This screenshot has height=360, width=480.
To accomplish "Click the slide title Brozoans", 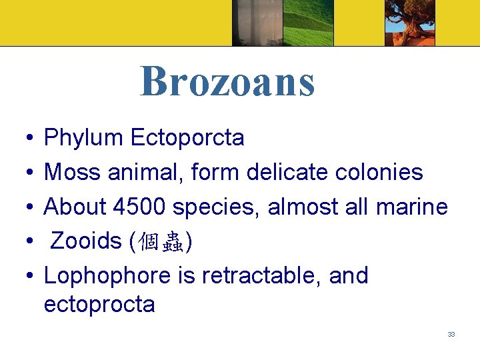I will pos(227,81).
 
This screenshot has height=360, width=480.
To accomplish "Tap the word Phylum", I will pos(83,138).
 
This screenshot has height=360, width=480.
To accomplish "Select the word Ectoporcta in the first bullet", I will pos(188,138).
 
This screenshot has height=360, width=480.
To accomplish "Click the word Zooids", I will pos(85,241).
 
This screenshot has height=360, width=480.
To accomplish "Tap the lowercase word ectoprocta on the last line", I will pos(99,305).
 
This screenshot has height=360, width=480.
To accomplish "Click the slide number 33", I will pos(451,334).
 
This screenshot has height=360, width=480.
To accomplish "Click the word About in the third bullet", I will pos(75,207).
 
